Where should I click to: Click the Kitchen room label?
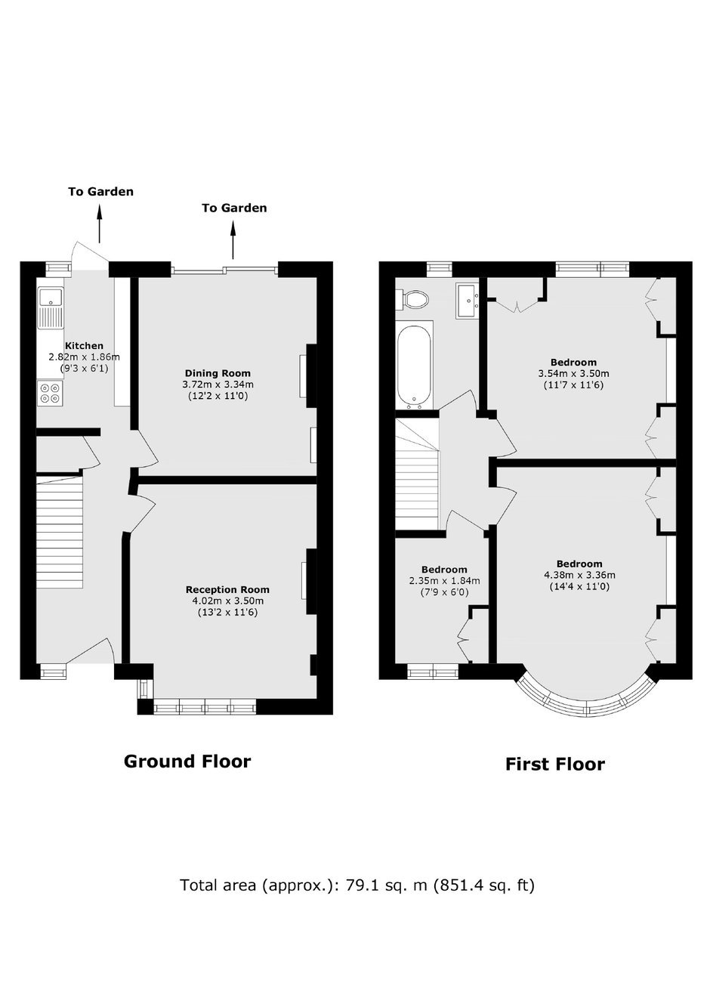tap(85, 345)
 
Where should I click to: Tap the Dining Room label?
tap(218, 373)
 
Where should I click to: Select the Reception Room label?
tap(227, 589)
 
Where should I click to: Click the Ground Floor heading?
tap(187, 761)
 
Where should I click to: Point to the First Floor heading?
tap(555, 765)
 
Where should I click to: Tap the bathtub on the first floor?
tap(415, 365)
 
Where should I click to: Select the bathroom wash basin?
tap(468, 301)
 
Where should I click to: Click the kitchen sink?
tap(51, 308)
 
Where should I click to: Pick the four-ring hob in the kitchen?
tap(50, 393)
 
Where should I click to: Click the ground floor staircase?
tap(60, 533)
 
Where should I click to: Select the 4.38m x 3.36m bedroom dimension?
tap(579, 575)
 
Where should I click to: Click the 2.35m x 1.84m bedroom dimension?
tap(444, 581)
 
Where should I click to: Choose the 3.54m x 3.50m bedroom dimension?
tap(573, 373)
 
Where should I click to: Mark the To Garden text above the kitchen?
tap(101, 192)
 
